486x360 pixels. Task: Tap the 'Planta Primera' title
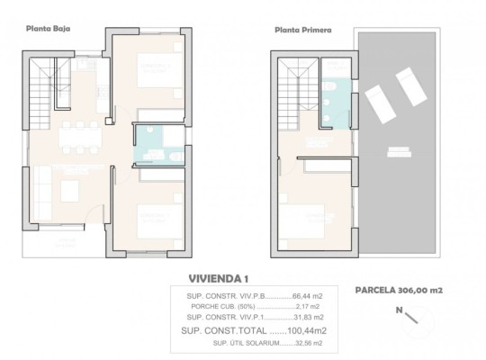coord(302,30)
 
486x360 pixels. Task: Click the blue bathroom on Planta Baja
coord(149,145)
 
